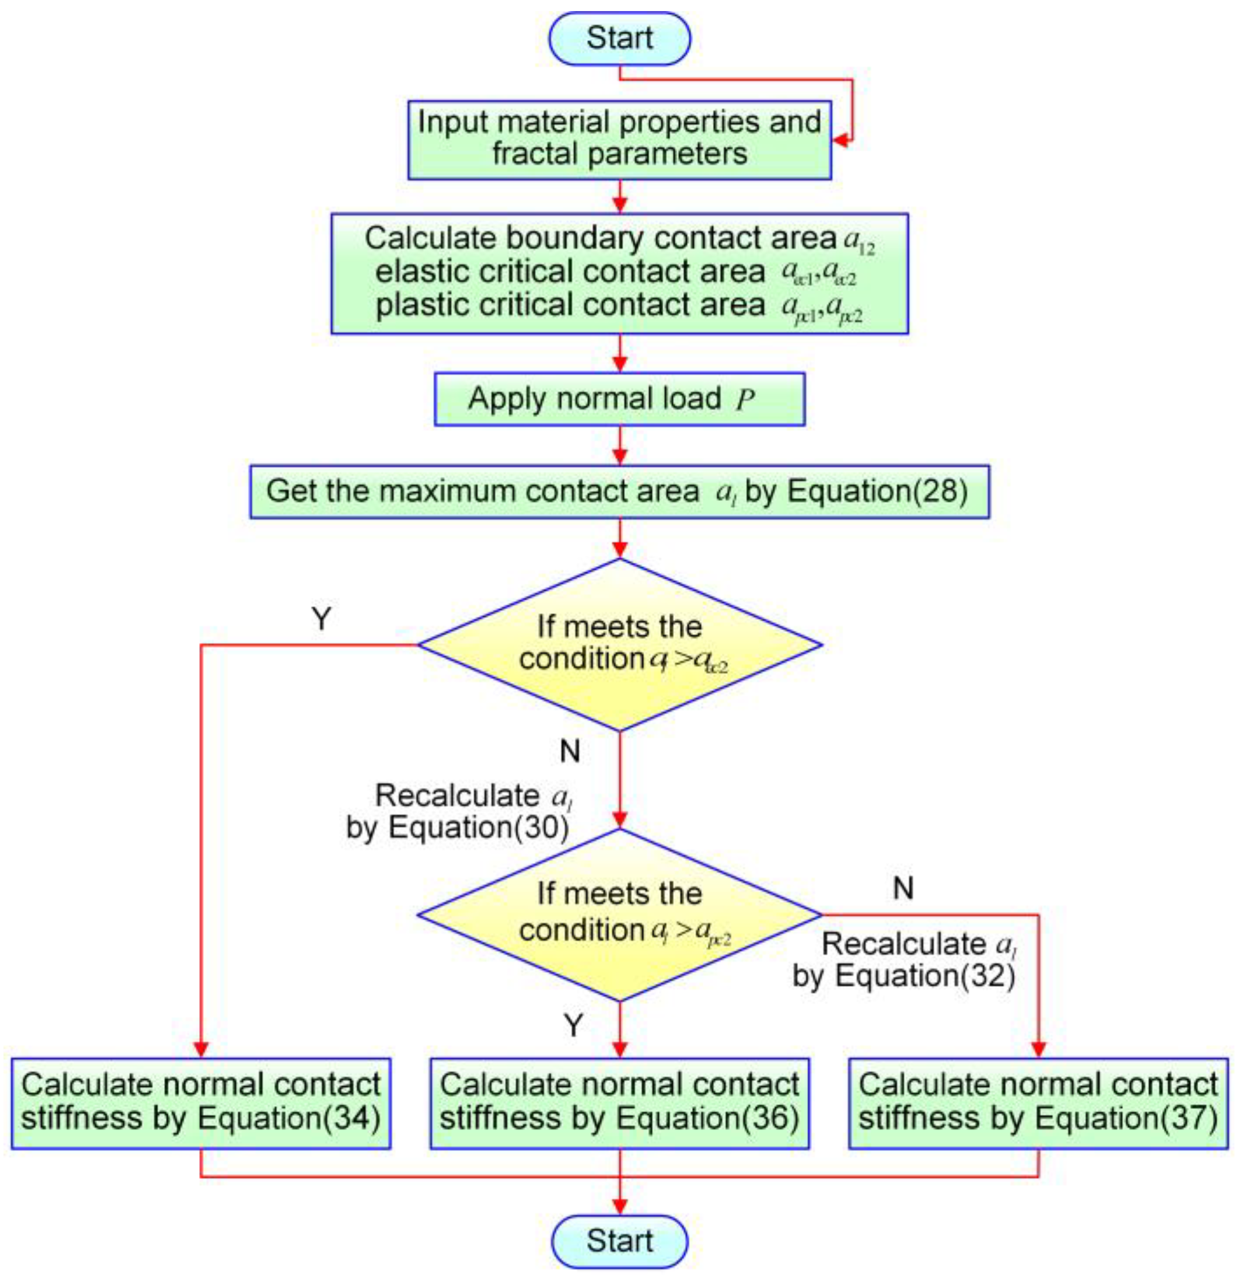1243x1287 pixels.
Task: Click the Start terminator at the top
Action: (x=619, y=38)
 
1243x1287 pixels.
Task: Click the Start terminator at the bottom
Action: (x=619, y=1242)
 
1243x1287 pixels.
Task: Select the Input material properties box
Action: (x=619, y=139)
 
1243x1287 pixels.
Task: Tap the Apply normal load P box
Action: (x=619, y=399)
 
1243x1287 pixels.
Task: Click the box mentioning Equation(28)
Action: (x=619, y=492)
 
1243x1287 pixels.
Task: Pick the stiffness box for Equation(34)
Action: (x=201, y=1103)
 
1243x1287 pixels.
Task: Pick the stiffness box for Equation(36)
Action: (x=619, y=1103)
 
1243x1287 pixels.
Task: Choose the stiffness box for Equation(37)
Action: (x=1038, y=1103)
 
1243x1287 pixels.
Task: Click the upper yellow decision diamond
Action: (x=619, y=644)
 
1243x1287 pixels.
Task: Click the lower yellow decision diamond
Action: (x=619, y=914)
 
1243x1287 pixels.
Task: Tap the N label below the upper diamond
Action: (x=570, y=751)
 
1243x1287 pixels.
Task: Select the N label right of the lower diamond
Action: (x=904, y=888)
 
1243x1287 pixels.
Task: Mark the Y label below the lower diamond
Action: (x=573, y=1025)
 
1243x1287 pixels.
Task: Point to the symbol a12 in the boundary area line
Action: (x=859, y=241)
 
